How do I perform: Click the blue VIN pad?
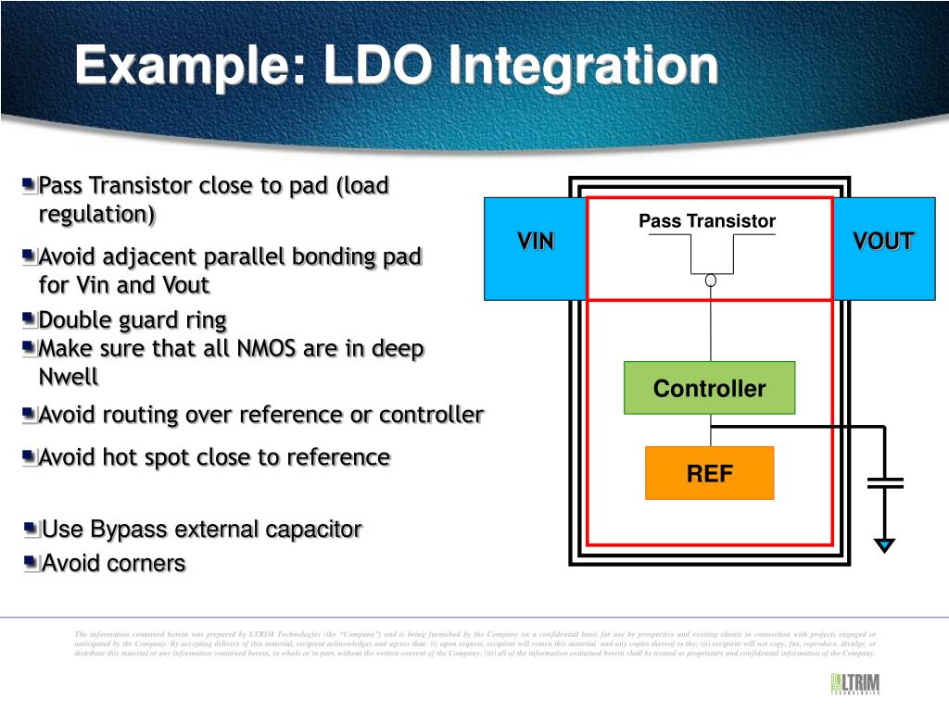pos(535,248)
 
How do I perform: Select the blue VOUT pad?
pos(883,248)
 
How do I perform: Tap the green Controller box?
pos(709,388)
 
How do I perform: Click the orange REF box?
pos(709,474)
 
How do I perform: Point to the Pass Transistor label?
pos(706,221)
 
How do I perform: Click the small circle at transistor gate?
pos(711,281)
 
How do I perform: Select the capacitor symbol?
pos(885,482)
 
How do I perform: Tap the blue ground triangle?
pos(885,546)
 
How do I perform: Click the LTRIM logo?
pos(854,684)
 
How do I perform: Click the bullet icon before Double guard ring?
pos(31,320)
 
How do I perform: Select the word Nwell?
pos(68,378)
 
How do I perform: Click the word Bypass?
pos(132,530)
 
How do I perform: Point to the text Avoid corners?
pos(114,563)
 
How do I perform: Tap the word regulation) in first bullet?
pos(97,215)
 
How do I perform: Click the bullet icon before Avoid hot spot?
pos(31,457)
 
